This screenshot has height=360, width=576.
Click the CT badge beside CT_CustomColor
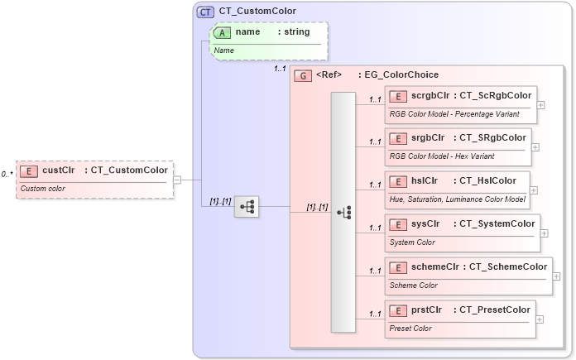[x=205, y=12]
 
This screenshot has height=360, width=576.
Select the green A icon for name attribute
[x=223, y=32]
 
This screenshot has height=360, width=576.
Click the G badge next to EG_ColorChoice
[x=303, y=74]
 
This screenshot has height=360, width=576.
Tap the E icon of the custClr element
[x=29, y=170]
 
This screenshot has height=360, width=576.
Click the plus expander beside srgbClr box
[x=535, y=146]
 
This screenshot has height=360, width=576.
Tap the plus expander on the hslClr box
[x=533, y=190]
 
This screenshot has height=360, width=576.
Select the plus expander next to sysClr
[x=544, y=233]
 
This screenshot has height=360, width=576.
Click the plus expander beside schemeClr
[x=555, y=276]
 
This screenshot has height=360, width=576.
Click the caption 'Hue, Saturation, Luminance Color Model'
[x=457, y=199]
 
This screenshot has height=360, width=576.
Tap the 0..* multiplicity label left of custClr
[x=7, y=175]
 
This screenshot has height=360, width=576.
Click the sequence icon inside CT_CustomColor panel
[x=247, y=207]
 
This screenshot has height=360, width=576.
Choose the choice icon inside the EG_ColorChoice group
[x=343, y=213]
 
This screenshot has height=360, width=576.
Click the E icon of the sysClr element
[x=398, y=223]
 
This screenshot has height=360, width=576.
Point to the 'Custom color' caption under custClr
[x=42, y=189]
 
